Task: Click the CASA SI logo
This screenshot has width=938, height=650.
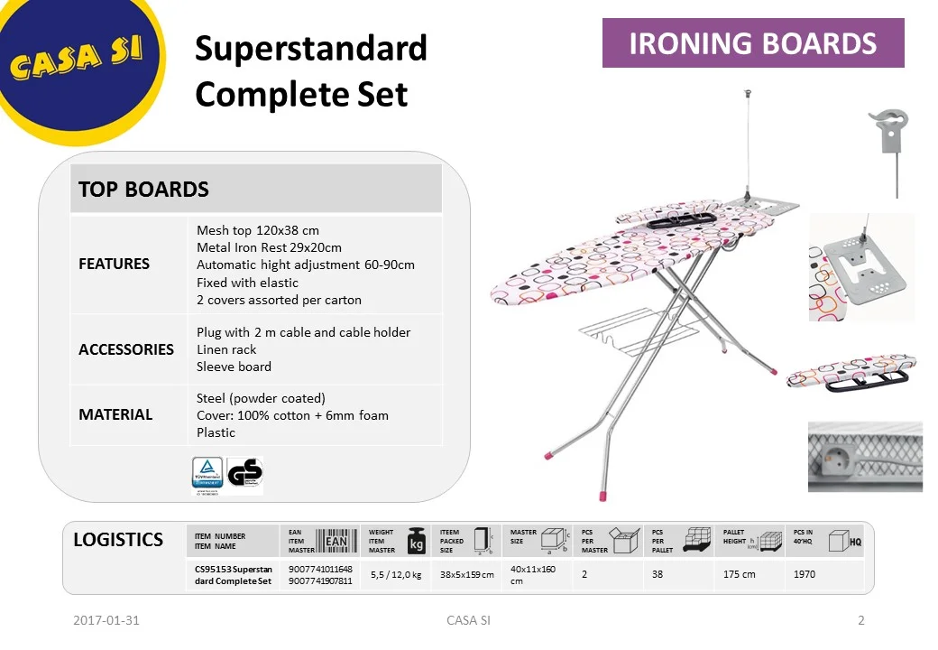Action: click(x=77, y=59)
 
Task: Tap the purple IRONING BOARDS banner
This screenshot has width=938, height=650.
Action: click(x=753, y=43)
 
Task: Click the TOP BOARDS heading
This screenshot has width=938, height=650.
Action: click(x=143, y=190)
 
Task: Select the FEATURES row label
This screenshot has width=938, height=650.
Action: click(x=115, y=264)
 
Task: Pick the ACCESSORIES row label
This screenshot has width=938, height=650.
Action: click(x=126, y=349)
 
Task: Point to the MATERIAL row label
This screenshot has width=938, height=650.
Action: click(x=115, y=414)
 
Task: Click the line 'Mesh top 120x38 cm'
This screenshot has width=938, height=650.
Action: click(x=258, y=230)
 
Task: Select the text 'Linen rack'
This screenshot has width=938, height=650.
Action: click(x=226, y=349)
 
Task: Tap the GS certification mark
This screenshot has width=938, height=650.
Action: click(x=244, y=473)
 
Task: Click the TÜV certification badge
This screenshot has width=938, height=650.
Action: click(x=207, y=473)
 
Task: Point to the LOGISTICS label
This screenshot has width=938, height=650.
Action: click(x=118, y=540)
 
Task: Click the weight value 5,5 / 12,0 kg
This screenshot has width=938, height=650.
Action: click(x=396, y=575)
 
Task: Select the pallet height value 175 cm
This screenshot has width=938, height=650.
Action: click(x=740, y=575)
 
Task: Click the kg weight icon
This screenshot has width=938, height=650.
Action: click(x=417, y=542)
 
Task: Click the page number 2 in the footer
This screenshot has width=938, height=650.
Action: click(x=861, y=620)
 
